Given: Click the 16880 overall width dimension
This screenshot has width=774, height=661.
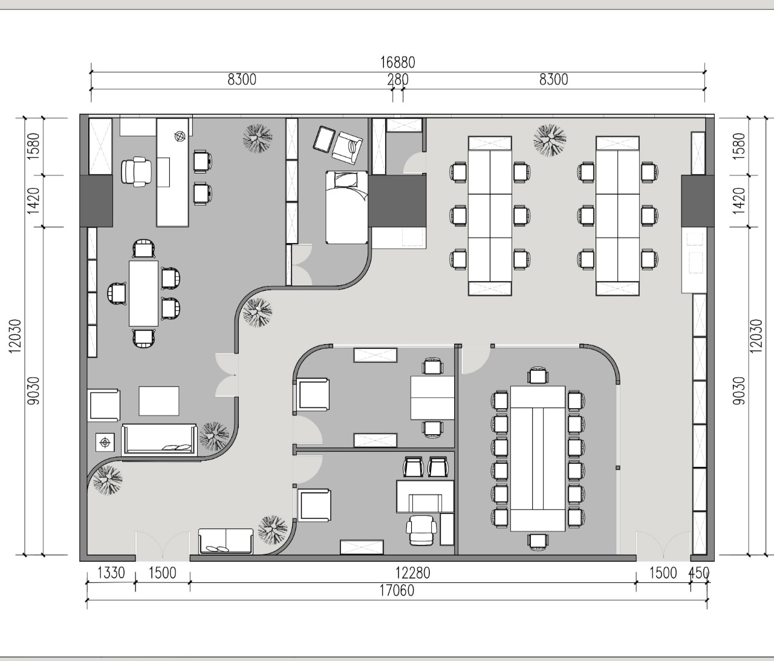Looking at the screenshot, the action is [398, 62].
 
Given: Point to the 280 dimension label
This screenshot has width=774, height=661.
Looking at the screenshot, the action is [398, 80].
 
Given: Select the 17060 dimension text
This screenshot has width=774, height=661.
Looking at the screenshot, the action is [397, 591].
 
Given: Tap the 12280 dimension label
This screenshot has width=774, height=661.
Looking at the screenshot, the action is [412, 573].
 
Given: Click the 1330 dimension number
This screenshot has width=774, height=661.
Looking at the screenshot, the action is [111, 573].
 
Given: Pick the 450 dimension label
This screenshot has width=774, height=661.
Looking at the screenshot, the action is [699, 573].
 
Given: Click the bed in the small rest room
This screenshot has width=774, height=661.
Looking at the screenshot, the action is [346, 207].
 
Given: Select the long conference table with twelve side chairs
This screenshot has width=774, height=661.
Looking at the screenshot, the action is [538, 458].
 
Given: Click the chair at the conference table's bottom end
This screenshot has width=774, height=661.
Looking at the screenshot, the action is [538, 542].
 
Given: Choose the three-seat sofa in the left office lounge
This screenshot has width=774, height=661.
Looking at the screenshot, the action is [159, 440].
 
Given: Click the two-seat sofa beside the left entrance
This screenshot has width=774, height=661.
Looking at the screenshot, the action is [226, 541].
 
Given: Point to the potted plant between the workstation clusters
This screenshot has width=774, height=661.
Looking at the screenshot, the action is [550, 140].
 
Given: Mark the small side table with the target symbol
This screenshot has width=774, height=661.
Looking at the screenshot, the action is [105, 443].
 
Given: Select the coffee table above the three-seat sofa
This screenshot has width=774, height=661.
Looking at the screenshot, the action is [159, 401].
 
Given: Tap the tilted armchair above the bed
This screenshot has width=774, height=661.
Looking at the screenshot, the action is [348, 148].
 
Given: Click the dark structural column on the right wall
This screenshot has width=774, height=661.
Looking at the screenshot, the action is [693, 201].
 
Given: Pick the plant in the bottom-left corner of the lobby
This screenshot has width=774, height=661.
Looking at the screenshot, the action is [108, 480].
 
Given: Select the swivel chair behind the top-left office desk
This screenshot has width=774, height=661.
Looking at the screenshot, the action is [137, 172].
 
